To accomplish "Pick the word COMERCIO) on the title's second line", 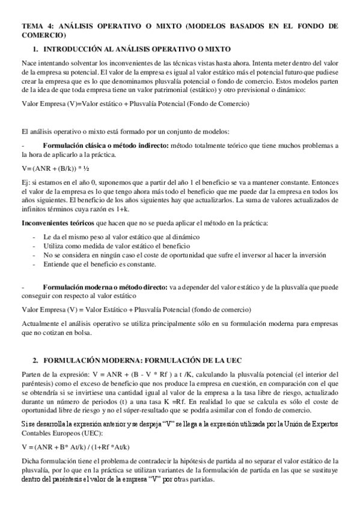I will pos(43,35).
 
